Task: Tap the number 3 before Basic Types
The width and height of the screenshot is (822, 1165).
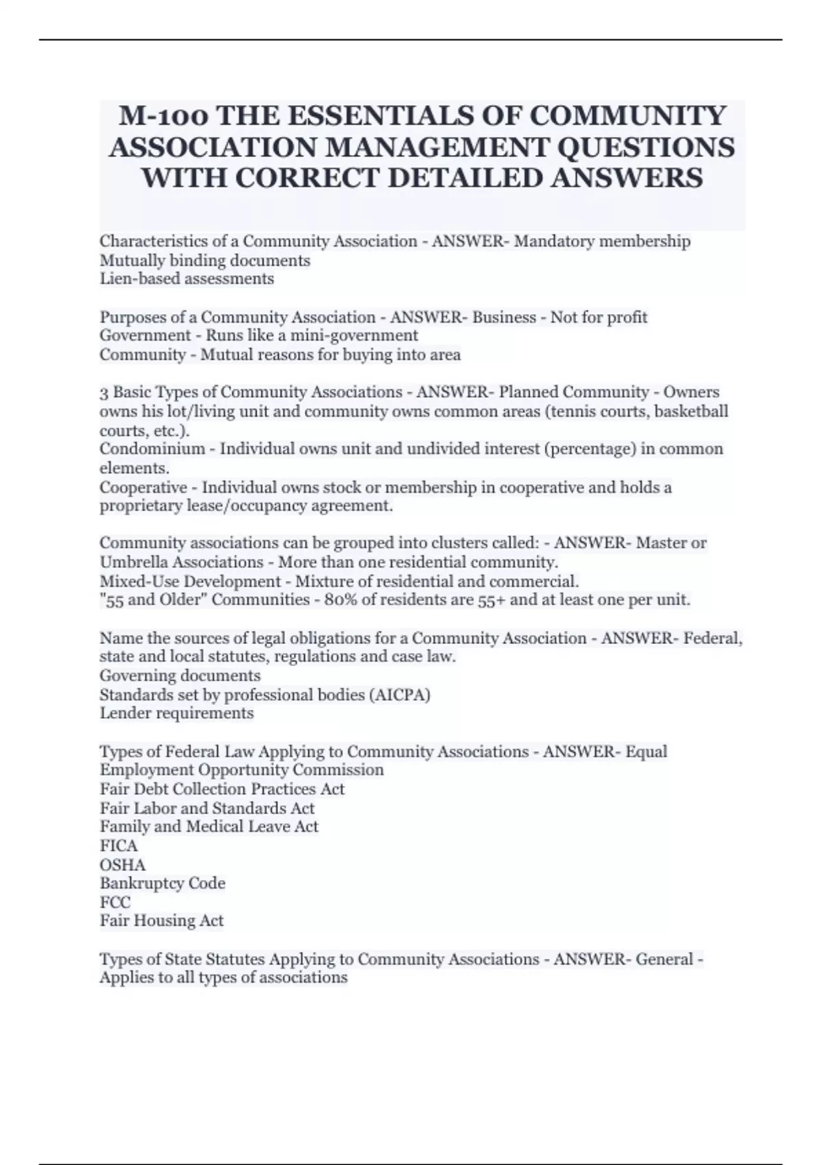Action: click(x=104, y=393)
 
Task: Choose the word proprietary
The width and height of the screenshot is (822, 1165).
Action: click(x=140, y=506)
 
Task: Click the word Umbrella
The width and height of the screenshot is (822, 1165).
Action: click(x=134, y=563)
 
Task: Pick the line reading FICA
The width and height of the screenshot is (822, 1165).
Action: click(x=119, y=846)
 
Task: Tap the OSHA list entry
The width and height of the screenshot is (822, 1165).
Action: click(x=123, y=865)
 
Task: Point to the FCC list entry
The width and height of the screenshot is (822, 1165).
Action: click(x=115, y=903)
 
